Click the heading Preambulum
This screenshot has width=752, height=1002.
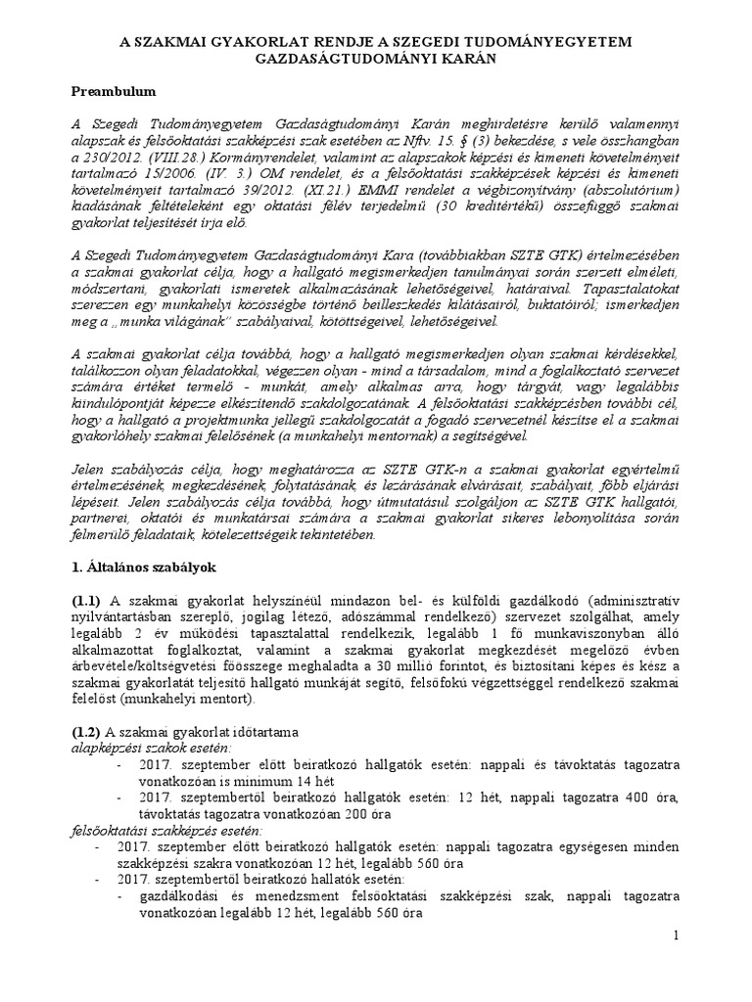[116, 91]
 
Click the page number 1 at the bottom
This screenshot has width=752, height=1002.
[676, 937]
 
